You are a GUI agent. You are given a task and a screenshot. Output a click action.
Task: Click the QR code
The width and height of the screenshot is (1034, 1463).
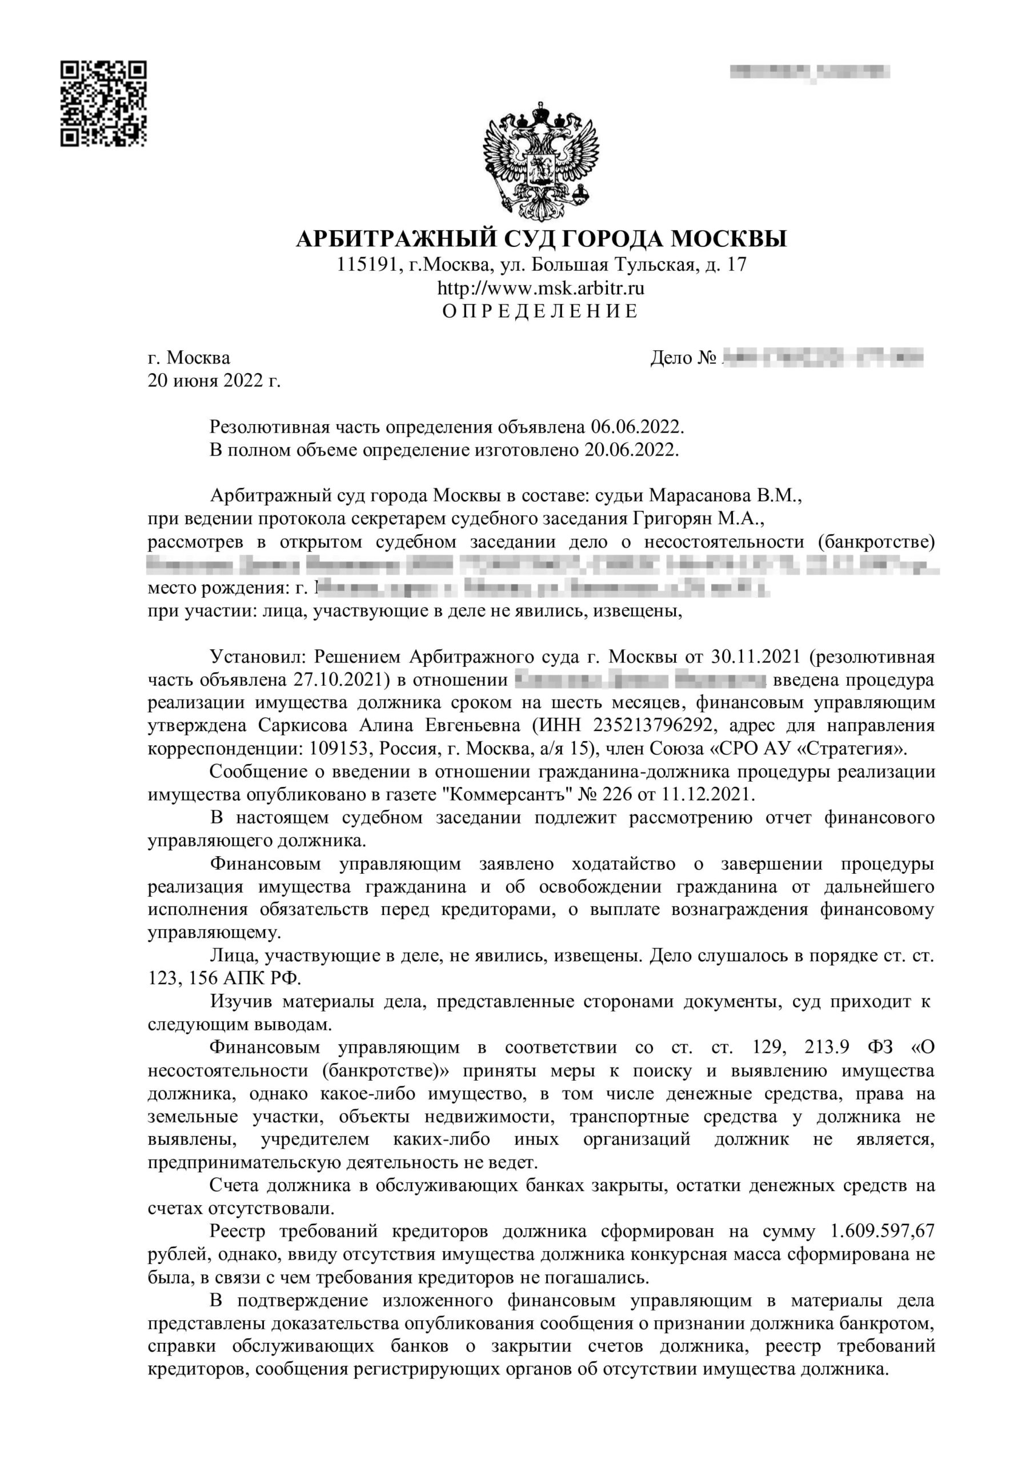[104, 104]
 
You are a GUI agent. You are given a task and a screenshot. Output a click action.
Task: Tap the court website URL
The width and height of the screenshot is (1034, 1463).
[540, 289]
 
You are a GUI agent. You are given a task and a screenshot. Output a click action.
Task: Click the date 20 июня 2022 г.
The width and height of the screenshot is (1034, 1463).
[214, 381]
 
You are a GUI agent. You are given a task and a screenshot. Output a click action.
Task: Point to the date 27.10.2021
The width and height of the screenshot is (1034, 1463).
[341, 680]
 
